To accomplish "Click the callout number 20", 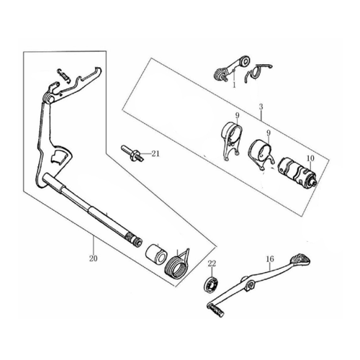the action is (94, 258).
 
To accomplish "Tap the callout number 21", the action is (156, 153).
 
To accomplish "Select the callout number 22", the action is (212, 264).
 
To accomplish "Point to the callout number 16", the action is (270, 259).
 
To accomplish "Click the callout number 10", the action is (310, 158).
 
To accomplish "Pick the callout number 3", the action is (261, 107).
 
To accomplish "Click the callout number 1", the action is (234, 85).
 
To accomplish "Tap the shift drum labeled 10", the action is (297, 171).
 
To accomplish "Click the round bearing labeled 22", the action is (212, 284).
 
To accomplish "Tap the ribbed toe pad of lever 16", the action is (300, 258).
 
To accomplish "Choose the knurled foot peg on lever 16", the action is (216, 310).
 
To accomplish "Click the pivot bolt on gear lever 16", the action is (251, 284).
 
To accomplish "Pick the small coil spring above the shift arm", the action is (63, 75).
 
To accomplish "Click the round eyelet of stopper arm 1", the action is (245, 61).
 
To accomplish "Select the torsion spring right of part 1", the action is (257, 72).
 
